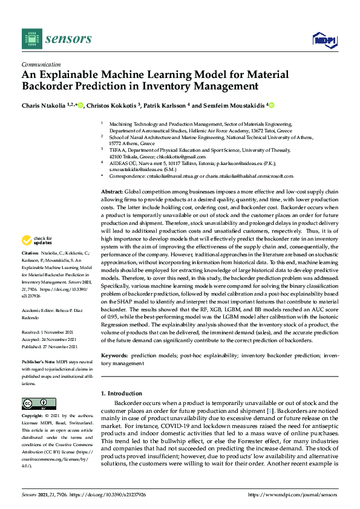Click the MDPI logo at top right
click(324, 40)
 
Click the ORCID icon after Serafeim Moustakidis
click(272, 105)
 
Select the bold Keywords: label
click(114, 357)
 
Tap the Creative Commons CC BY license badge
click(39, 404)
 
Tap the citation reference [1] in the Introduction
click(272, 411)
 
